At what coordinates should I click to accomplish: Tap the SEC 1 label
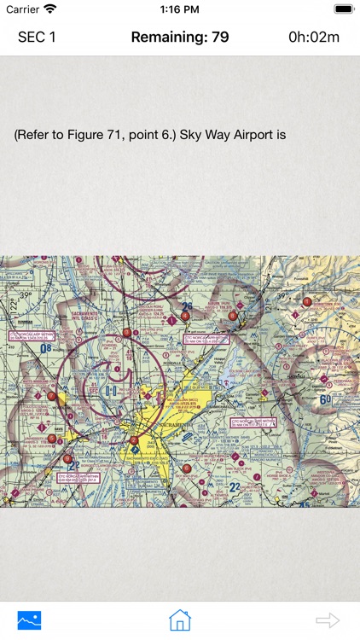point(37,38)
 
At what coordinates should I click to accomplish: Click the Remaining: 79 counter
point(179,38)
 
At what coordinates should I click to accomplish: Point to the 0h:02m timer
point(314,38)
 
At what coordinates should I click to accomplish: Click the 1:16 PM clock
point(179,9)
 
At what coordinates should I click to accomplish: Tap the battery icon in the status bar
point(344,9)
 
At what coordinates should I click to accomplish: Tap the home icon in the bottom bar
point(179,620)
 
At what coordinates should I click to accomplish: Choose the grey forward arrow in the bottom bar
point(328,620)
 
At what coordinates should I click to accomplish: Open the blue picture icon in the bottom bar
point(30,620)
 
